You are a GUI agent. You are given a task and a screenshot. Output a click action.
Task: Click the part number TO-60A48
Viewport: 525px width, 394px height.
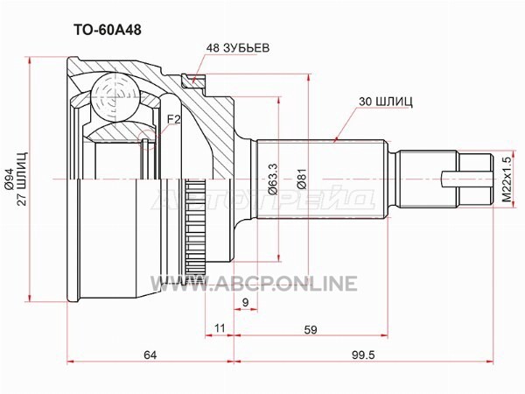107,30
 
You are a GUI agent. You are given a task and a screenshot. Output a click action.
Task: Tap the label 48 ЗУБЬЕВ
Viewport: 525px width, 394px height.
237,48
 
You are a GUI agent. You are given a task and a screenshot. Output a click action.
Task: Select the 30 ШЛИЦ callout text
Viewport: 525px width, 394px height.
385,102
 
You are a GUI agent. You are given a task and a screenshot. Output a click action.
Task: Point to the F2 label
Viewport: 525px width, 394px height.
174,119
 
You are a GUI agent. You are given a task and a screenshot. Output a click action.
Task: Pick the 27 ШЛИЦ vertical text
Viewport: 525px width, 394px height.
23,179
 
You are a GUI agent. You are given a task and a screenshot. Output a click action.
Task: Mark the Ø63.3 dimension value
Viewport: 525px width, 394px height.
273,179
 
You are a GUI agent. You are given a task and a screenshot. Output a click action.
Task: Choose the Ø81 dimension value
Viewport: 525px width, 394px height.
302,179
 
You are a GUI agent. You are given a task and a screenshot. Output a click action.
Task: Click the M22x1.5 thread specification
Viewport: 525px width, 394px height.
507,179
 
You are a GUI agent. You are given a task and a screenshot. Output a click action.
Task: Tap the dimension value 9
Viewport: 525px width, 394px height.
245,303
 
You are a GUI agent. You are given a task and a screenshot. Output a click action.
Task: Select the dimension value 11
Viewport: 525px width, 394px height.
220,328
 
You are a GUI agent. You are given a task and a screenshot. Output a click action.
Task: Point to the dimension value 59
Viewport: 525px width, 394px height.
311,330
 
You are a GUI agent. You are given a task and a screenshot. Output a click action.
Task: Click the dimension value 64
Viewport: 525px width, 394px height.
150,355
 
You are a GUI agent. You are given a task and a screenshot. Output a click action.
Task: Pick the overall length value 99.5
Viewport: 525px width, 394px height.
363,355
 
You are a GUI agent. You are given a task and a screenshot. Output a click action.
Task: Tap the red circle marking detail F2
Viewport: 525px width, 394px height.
147,140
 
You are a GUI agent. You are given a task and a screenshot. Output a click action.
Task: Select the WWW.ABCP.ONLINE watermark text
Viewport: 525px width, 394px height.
254,284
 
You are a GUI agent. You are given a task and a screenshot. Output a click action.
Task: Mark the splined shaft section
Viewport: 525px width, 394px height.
321,179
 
